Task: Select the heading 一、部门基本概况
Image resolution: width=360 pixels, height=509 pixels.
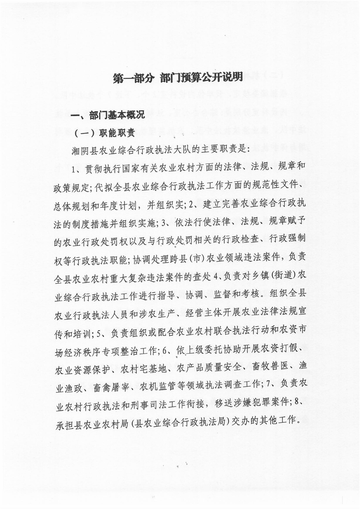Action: tap(108, 115)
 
